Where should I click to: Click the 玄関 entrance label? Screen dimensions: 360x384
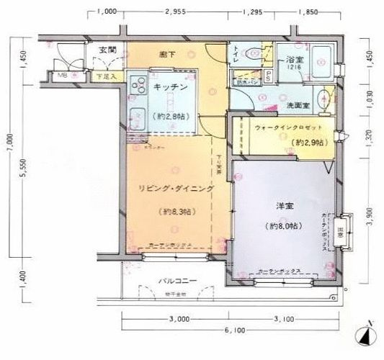(107, 50)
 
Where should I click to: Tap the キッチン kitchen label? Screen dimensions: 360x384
(171, 87)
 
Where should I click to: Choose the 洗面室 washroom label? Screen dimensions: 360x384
(298, 104)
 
